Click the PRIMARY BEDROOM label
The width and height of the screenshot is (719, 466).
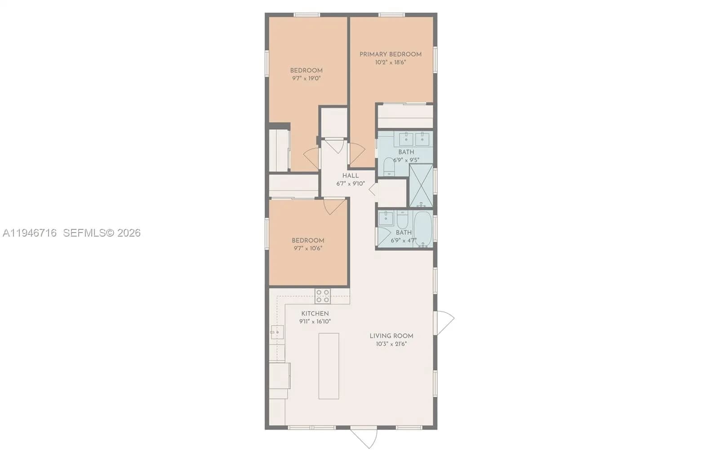pyautogui.click(x=390, y=54)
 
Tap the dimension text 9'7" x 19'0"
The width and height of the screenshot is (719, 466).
pyautogui.click(x=306, y=78)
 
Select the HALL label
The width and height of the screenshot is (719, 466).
pyautogui.click(x=351, y=176)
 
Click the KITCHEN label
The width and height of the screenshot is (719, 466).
pyautogui.click(x=315, y=314)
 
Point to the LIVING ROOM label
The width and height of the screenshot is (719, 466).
pyautogui.click(x=391, y=336)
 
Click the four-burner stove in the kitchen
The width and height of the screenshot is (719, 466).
pyautogui.click(x=323, y=296)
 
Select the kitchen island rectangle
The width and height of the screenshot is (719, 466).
pyautogui.click(x=329, y=366)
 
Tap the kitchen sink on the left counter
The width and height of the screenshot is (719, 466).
pyautogui.click(x=277, y=332)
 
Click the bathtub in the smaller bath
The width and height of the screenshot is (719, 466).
pyautogui.click(x=422, y=229)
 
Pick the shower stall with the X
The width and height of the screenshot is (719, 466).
pyautogui.click(x=421, y=185)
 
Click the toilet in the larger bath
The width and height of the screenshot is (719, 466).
pyautogui.click(x=389, y=166)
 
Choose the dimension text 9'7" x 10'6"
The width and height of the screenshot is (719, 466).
pyautogui.click(x=308, y=248)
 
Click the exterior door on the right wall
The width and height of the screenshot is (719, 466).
pyautogui.click(x=445, y=322)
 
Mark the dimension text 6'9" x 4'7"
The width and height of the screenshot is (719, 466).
pyautogui.click(x=403, y=241)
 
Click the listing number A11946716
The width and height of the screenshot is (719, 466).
pyautogui.click(x=30, y=233)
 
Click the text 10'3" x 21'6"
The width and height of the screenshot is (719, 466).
pyautogui.click(x=391, y=344)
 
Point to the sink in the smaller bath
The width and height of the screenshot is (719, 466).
pyautogui.click(x=386, y=219)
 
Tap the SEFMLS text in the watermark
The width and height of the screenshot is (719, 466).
pyautogui.click(x=84, y=233)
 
